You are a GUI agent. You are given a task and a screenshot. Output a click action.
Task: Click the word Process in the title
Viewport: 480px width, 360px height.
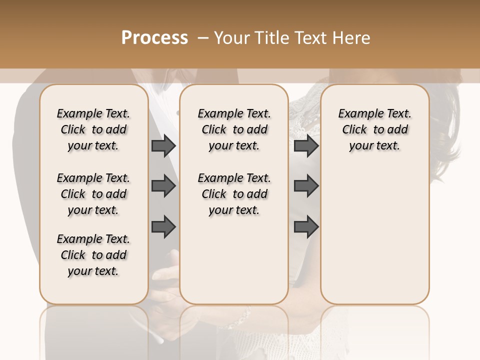154,38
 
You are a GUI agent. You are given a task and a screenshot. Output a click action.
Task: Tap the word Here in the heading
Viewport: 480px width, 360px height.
352,38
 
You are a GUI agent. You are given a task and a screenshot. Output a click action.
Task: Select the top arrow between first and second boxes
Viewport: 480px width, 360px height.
163,145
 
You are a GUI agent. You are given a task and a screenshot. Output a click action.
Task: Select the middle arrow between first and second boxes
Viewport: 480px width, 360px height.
163,186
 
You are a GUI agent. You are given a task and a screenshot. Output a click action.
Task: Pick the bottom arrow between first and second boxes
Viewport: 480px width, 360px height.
163,226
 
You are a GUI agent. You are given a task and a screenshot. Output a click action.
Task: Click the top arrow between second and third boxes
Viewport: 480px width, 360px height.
306,145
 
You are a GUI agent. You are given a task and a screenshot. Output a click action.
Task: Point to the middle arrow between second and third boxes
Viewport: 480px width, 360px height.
306,186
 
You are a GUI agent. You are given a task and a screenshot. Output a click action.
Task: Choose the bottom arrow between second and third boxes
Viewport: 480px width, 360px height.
306,226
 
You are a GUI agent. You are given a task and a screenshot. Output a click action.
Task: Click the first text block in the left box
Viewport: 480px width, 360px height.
93,129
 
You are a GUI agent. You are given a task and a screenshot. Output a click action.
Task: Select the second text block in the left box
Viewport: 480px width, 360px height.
93,194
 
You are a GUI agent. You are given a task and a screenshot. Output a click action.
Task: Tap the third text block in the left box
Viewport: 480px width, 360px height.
93,255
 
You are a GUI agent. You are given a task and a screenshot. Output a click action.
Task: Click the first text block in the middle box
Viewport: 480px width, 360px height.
234,129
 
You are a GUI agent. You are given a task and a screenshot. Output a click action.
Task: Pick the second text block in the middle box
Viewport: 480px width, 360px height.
234,194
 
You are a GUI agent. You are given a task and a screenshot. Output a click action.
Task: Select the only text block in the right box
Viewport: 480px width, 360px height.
374,129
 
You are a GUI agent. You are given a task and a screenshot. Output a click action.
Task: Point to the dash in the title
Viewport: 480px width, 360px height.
203,38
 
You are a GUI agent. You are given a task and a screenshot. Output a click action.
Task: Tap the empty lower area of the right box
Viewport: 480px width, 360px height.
374,235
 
